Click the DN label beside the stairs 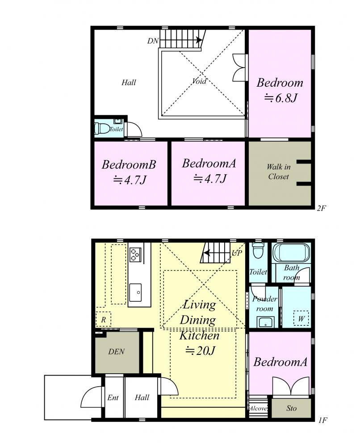[153, 41]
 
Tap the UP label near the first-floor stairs [237, 253]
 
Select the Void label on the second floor [199, 81]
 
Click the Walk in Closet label [278, 172]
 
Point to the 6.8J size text [280, 98]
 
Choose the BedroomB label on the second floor [129, 164]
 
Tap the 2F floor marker [321, 208]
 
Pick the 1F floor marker [322, 420]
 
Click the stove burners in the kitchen [135, 255]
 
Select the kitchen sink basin [135, 292]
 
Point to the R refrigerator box [103, 320]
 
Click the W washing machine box [301, 318]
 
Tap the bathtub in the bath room [291, 253]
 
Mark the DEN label [117, 351]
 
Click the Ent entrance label [113, 397]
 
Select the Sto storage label [291, 408]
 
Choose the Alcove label [258, 408]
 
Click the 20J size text [200, 350]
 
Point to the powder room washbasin [266, 323]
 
